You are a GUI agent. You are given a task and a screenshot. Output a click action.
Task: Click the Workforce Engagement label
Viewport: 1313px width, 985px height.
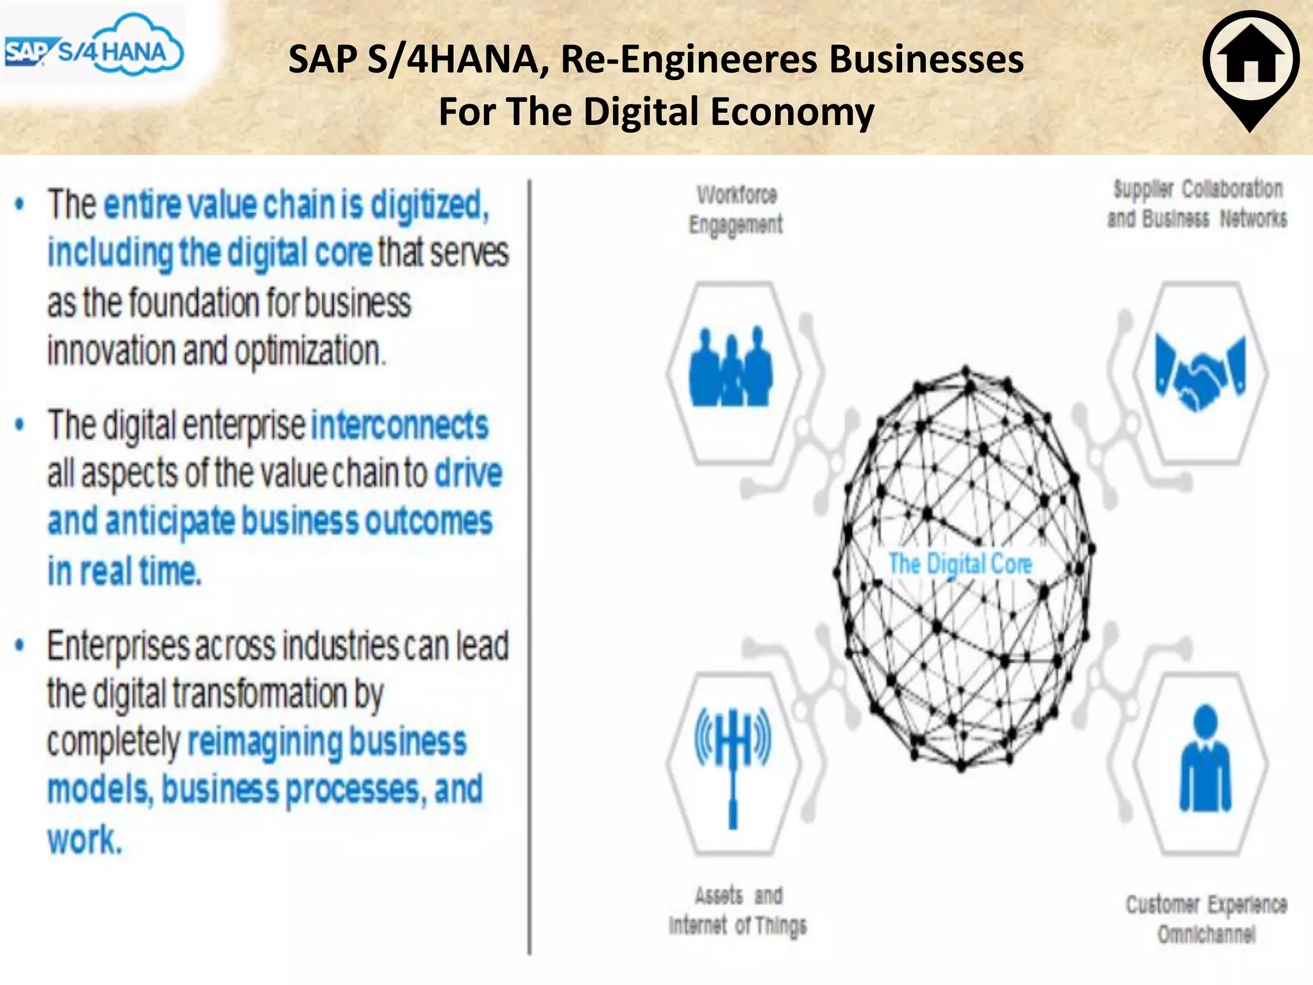point(736,209)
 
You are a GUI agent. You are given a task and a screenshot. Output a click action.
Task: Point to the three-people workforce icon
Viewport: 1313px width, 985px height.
point(731,368)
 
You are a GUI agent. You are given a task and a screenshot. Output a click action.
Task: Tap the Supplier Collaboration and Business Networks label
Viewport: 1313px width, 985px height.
point(1198,204)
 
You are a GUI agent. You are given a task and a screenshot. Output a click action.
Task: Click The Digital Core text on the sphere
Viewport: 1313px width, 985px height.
point(960,564)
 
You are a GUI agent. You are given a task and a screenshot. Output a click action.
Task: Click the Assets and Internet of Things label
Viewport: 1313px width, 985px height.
point(737,910)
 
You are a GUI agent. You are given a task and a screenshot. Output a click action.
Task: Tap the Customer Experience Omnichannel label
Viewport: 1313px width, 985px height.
point(1206,919)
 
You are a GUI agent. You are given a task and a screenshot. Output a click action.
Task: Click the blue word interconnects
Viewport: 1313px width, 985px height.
point(399,425)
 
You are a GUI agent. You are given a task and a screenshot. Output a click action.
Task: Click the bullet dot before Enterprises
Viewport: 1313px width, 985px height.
point(21,645)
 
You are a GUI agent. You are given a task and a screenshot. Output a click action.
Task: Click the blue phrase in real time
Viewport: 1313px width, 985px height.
point(124,570)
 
